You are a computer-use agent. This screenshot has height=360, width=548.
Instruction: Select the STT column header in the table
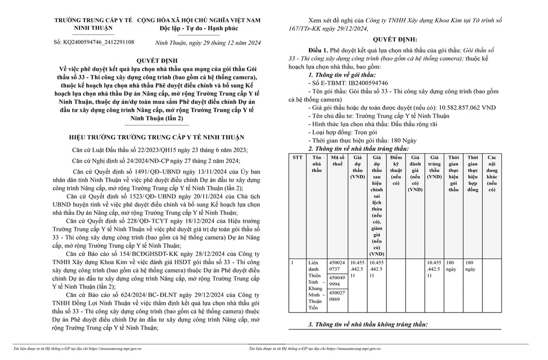click(298, 157)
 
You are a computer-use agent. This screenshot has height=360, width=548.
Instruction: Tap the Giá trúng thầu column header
click(434, 167)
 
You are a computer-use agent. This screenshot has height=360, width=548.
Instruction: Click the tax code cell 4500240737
click(337, 266)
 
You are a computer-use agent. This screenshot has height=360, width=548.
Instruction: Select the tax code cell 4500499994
click(337, 281)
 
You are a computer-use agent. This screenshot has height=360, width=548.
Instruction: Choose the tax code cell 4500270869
click(337, 297)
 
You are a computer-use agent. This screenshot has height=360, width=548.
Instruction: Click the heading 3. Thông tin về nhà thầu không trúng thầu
click(368, 324)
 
